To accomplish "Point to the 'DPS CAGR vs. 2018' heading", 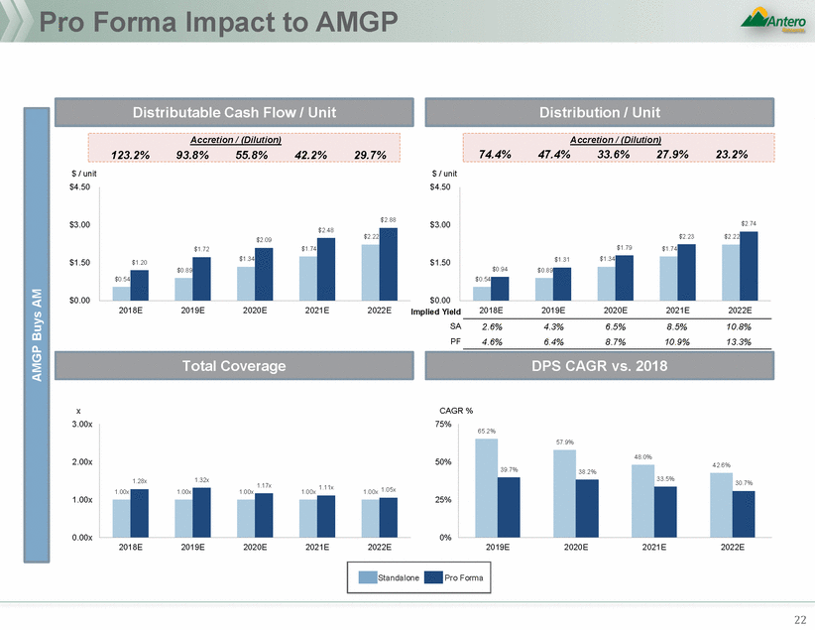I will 615,366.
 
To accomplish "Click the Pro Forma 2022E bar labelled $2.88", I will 389,264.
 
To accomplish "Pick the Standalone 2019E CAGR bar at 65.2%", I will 486,487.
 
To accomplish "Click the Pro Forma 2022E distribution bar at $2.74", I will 748,266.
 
